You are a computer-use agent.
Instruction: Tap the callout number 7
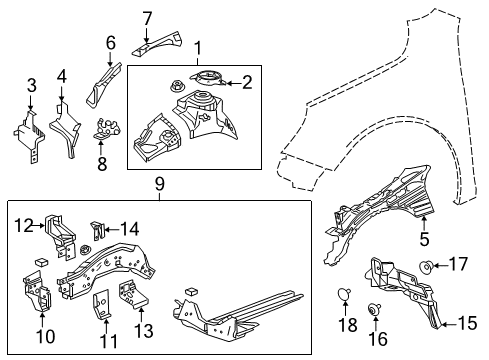click(x=147, y=17)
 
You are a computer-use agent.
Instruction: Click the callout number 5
click(x=424, y=240)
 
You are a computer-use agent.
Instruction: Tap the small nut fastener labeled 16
click(x=378, y=310)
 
